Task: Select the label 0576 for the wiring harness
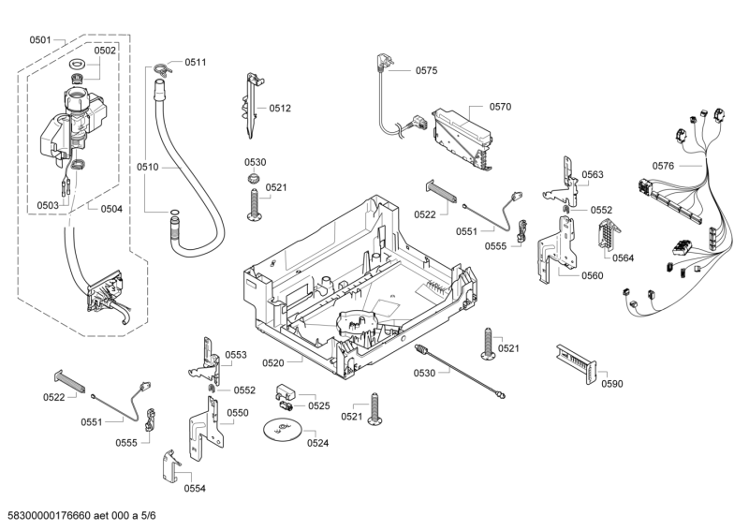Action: point(663,166)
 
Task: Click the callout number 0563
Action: point(592,175)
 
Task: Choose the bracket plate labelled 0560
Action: point(565,245)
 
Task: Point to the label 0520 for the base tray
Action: point(272,361)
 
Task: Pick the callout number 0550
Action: point(238,413)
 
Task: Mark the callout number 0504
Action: point(110,209)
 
